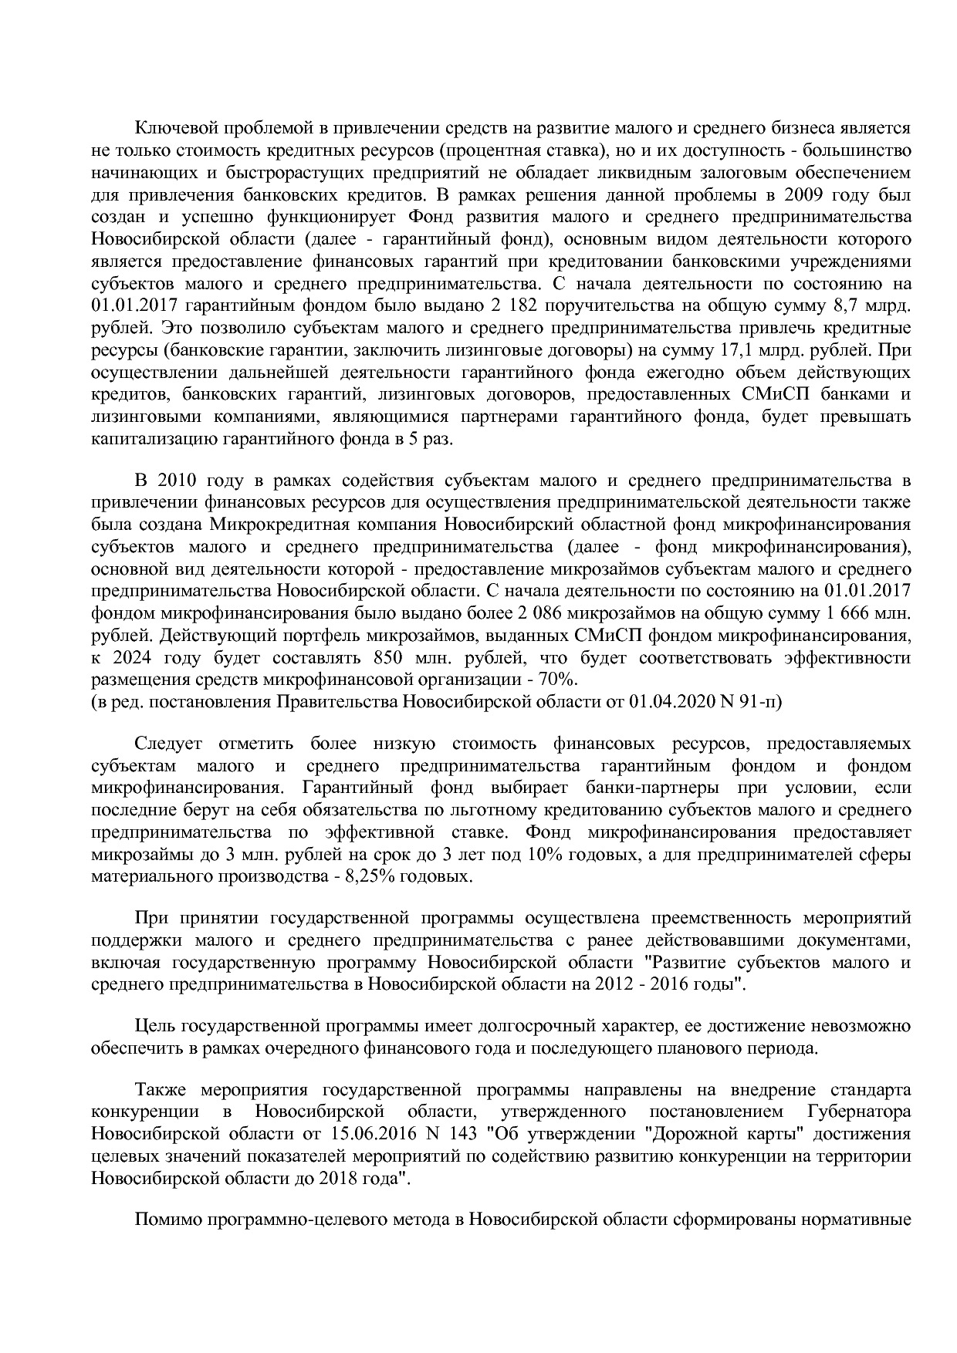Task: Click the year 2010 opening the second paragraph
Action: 178,481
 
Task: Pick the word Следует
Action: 167,744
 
